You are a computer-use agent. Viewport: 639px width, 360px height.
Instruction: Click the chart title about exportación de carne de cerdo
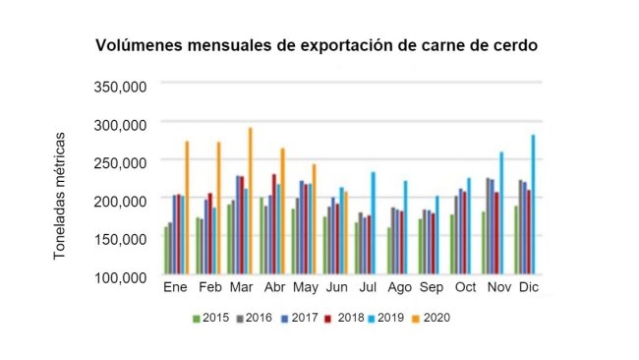pyautogui.click(x=316, y=46)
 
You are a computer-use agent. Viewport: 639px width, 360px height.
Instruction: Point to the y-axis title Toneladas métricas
pyautogui.click(x=60, y=194)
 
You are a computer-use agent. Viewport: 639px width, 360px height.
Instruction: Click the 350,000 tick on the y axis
pyautogui.click(x=119, y=86)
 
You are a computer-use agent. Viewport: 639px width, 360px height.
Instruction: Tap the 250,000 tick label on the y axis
pyautogui.click(x=119, y=161)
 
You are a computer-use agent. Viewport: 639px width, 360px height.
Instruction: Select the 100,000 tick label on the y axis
pyautogui.click(x=119, y=276)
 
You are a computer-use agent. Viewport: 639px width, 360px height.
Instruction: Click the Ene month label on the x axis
pyautogui.click(x=174, y=289)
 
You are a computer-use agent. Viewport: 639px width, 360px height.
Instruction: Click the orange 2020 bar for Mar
pyautogui.click(x=250, y=201)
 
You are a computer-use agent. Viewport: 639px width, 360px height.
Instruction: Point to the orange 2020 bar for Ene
pyautogui.click(x=187, y=208)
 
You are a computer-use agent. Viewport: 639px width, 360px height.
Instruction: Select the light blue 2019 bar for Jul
pyautogui.click(x=373, y=223)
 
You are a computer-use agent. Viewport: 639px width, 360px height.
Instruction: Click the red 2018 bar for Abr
pyautogui.click(x=273, y=224)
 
